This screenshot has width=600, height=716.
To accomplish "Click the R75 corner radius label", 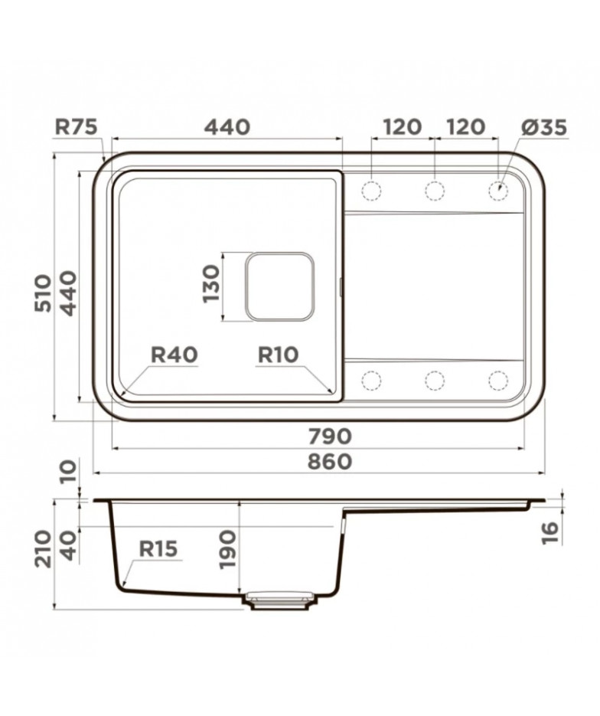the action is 77,126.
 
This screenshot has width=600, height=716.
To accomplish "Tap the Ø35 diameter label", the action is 543,126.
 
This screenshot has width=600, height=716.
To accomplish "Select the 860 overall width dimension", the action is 329,461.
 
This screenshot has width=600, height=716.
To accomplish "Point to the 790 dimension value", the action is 329,436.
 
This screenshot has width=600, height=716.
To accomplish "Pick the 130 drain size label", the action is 210,284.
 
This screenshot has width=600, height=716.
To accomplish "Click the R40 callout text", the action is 174,355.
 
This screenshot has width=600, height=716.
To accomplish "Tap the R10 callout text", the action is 278,355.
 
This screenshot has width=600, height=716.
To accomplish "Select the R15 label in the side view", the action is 158,548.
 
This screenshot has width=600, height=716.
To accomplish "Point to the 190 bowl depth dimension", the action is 227,549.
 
